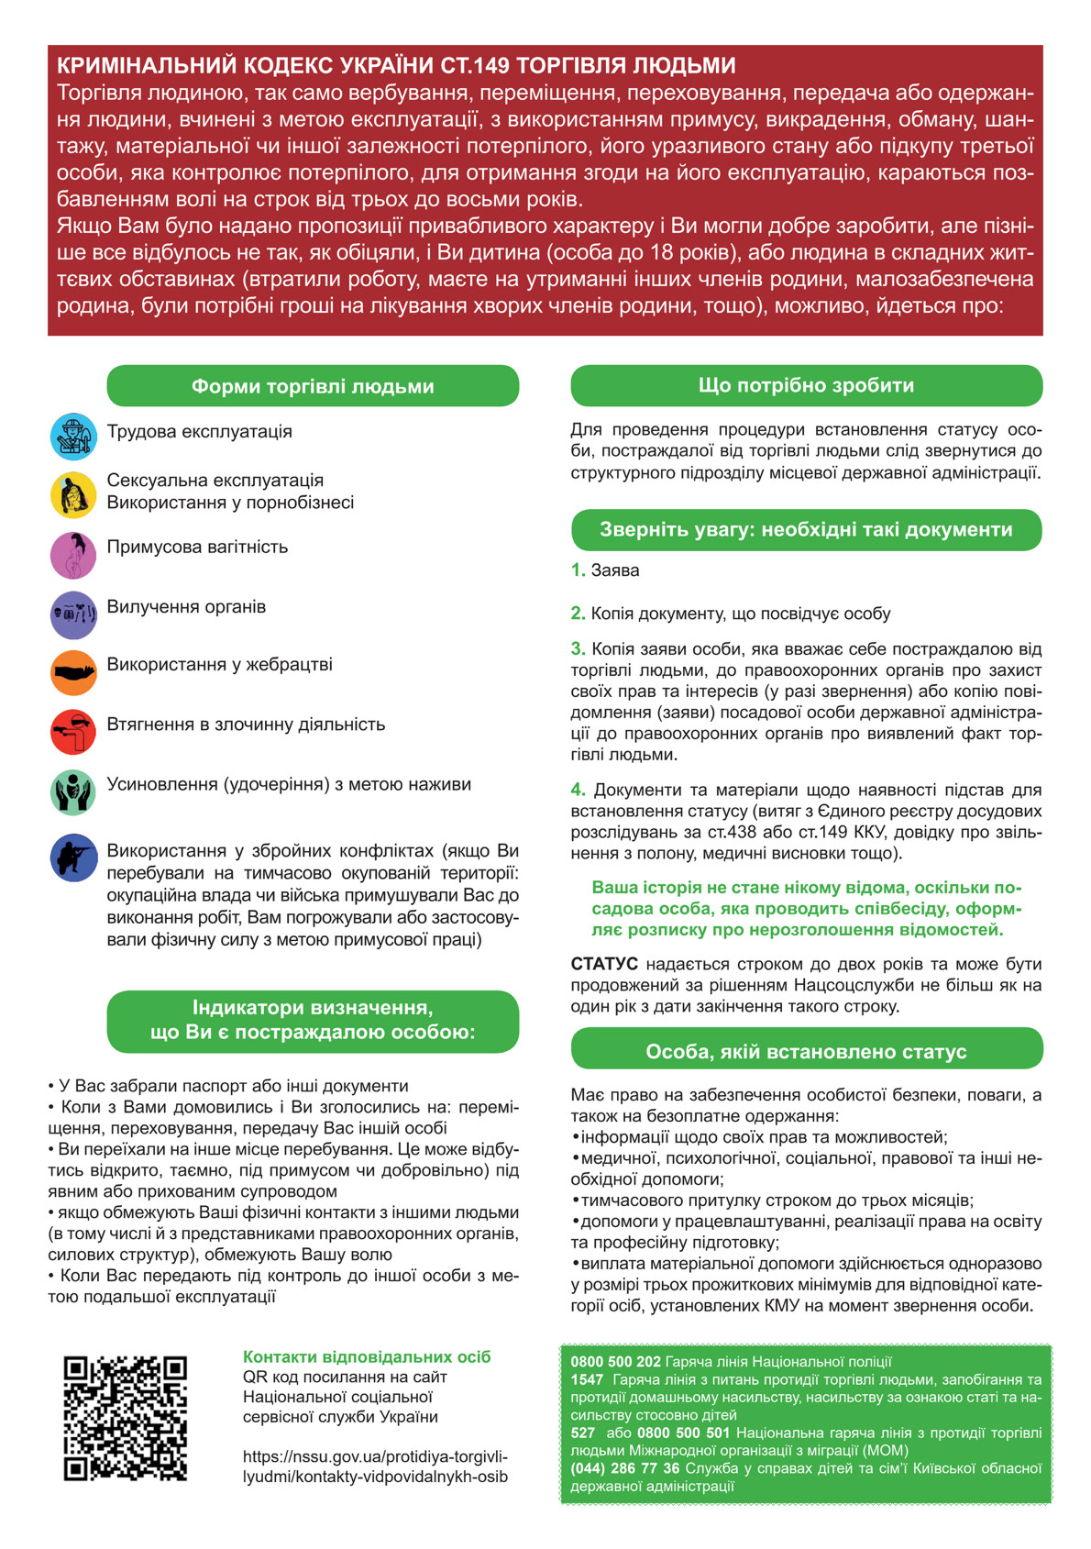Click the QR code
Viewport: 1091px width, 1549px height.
click(126, 1418)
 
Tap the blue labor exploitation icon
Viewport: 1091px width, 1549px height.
click(73, 437)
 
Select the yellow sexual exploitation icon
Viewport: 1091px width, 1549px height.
click(73, 495)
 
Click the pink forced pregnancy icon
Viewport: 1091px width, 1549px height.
click(73, 556)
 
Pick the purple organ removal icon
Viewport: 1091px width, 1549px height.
click(73, 614)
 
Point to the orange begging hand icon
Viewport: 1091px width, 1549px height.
click(73, 673)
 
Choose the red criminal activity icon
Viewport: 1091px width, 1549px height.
click(73, 732)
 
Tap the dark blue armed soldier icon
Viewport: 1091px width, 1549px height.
click(73, 858)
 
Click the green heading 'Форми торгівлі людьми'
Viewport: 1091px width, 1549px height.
click(313, 386)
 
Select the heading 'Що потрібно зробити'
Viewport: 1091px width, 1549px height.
click(806, 385)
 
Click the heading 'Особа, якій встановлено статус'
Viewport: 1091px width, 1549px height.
click(806, 1052)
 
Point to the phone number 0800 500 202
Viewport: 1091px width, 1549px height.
click(615, 1362)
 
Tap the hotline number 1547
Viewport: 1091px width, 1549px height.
click(587, 1379)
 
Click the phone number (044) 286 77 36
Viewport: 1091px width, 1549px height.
click(624, 1468)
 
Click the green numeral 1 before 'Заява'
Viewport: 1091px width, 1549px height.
click(578, 570)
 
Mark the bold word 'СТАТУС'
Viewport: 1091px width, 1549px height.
click(604, 964)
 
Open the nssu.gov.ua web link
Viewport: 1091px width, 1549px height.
click(375, 1466)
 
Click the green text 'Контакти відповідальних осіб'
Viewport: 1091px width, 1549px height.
click(367, 1356)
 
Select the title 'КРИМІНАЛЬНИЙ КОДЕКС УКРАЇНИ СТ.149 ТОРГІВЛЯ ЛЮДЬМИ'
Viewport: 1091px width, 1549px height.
click(396, 65)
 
